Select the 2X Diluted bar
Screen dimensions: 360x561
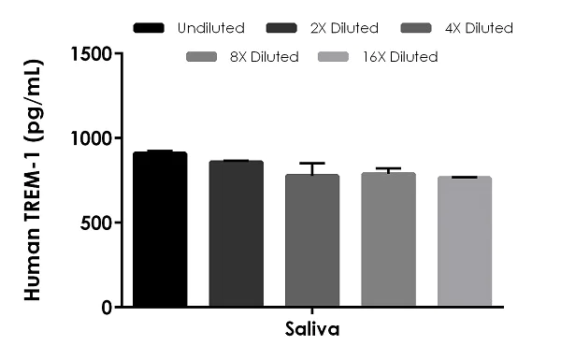(236, 234)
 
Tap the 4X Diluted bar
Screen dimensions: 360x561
(312, 240)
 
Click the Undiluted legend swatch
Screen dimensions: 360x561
(151, 28)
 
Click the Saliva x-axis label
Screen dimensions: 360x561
(311, 330)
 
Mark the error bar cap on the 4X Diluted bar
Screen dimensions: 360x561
(312, 163)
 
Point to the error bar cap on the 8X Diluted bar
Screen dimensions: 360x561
(388, 168)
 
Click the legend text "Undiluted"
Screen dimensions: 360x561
(210, 28)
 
